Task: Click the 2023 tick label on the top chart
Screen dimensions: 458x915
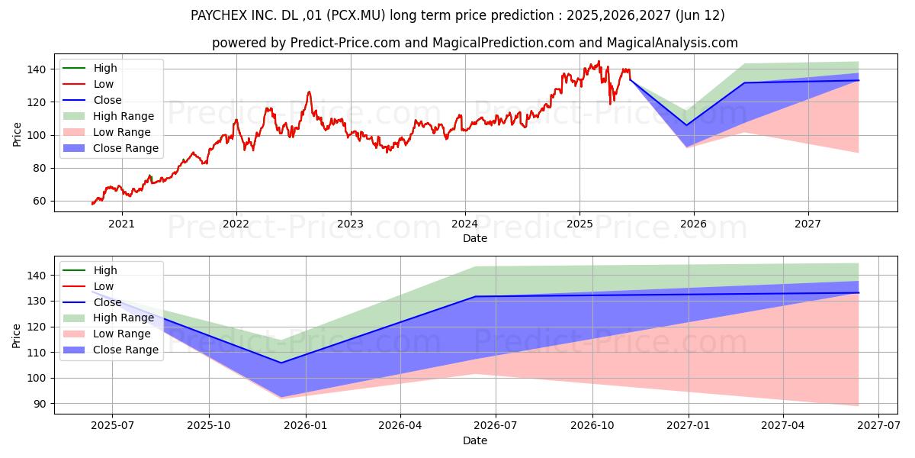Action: point(350,224)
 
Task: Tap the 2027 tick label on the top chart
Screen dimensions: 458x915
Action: point(807,224)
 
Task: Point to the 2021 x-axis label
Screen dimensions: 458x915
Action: point(122,224)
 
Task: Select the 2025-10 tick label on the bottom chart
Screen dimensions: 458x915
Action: point(208,425)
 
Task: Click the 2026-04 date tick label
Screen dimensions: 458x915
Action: point(400,425)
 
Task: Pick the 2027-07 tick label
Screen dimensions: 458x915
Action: point(878,425)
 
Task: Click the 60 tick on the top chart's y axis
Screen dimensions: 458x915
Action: point(39,202)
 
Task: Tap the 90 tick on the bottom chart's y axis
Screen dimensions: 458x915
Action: point(39,404)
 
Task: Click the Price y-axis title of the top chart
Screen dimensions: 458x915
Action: point(17,134)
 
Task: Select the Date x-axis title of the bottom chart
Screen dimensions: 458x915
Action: point(475,440)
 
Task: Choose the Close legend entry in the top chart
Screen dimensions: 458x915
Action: point(108,100)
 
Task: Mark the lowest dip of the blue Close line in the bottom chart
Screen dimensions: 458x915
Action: point(281,363)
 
